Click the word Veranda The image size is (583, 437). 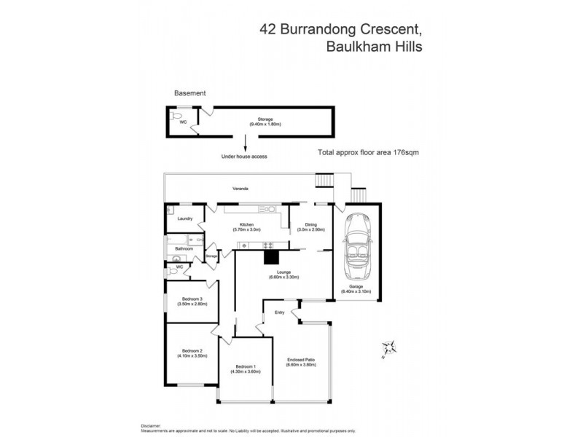pos(240,189)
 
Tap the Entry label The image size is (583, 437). pos(279,312)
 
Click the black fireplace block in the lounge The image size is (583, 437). pos(271,256)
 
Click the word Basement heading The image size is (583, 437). pos(189,93)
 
